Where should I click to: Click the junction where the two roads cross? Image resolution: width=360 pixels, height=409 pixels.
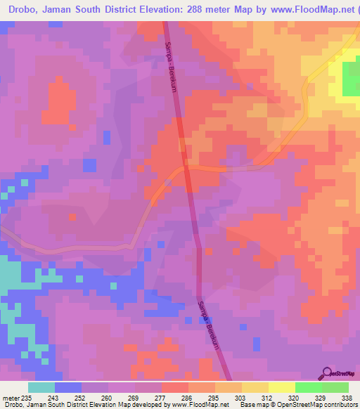coord(188,168)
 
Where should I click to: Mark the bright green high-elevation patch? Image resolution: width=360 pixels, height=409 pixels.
coord(351,79)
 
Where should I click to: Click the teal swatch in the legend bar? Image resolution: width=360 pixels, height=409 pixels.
coord(41,387)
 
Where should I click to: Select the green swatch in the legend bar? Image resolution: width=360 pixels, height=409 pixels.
coord(308,387)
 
